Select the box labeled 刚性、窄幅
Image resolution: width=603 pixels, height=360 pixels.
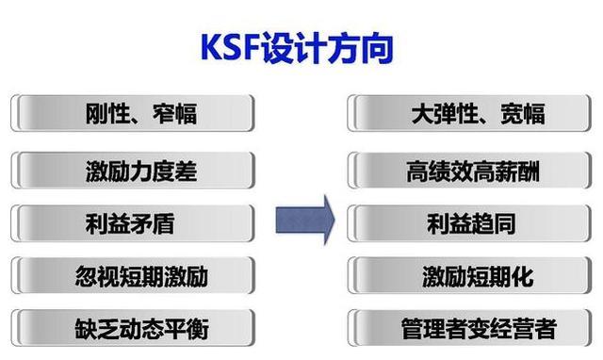(134, 115)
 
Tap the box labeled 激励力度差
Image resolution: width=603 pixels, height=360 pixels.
(134, 171)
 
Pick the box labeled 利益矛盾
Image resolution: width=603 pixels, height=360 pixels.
(134, 224)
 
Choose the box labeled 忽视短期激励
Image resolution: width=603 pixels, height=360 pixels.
(134, 277)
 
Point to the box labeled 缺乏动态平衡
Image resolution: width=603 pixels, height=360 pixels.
(134, 329)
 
